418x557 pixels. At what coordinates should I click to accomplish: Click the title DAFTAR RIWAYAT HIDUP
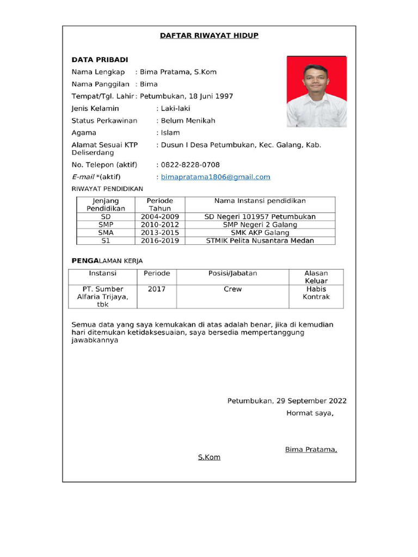tap(209, 36)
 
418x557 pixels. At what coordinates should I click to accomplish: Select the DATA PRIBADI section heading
tap(100, 60)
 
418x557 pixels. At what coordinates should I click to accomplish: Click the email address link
tap(216, 177)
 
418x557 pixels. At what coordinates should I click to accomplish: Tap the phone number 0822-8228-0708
tap(190, 165)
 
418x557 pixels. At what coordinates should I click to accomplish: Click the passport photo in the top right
tap(317, 92)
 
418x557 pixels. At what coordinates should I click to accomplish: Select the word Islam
tap(170, 133)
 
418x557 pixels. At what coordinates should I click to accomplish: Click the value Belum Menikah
tap(188, 121)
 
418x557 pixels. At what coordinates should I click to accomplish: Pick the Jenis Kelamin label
tap(95, 109)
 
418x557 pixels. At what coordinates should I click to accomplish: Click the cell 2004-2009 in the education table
tap(160, 216)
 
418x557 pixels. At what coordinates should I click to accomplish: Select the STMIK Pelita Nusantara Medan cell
tap(260, 241)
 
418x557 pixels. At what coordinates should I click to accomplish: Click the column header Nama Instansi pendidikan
tap(260, 201)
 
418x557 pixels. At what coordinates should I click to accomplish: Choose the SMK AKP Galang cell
tap(260, 233)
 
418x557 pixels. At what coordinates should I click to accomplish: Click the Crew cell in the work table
tap(233, 289)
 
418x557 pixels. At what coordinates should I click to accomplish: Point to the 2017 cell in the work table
tap(157, 289)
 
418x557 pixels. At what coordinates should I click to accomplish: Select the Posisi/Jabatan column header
tap(233, 274)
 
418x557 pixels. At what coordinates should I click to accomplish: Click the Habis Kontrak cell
tap(316, 293)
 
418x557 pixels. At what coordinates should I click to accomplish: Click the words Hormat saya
tap(310, 413)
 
